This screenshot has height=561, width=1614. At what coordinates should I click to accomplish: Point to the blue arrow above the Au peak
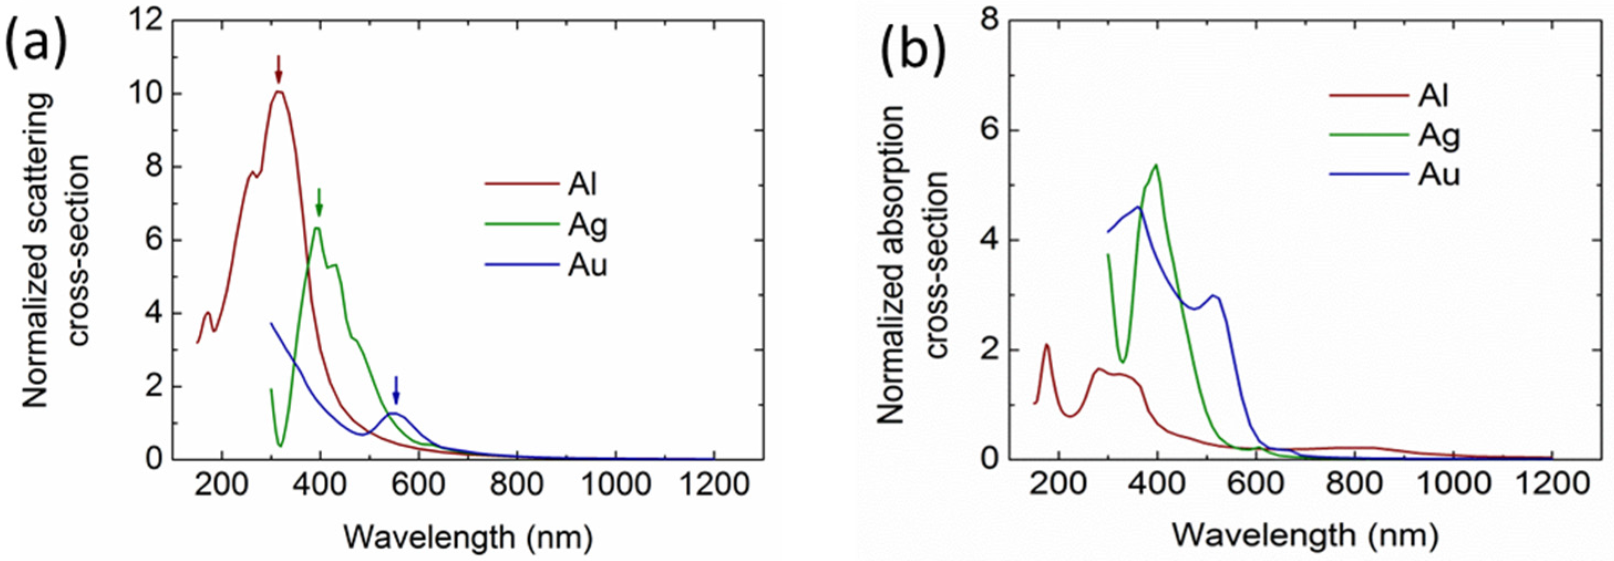395,391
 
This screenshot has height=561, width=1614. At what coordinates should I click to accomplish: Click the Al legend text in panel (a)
582,185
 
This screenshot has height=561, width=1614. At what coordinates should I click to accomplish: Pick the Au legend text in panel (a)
587,266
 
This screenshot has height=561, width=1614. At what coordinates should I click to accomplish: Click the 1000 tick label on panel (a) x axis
615,486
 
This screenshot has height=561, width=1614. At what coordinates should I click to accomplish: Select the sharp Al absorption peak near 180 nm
1046,345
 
